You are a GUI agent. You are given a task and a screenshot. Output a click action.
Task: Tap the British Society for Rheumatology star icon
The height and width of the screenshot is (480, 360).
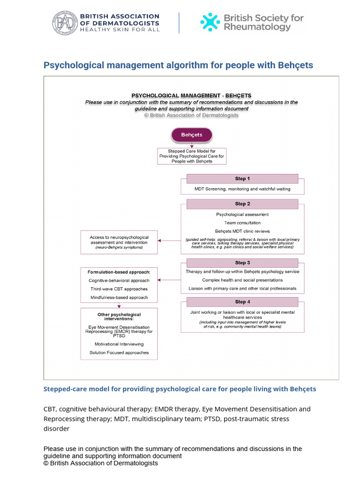click(x=210, y=22)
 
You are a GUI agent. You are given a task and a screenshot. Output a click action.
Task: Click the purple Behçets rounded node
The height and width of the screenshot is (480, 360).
click(x=191, y=135)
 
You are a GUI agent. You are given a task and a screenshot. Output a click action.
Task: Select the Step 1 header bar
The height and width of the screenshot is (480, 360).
click(x=242, y=179)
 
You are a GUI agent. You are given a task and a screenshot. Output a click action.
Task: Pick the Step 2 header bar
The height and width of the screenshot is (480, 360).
click(x=242, y=204)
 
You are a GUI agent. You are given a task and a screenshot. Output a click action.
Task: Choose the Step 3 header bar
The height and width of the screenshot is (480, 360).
click(x=242, y=262)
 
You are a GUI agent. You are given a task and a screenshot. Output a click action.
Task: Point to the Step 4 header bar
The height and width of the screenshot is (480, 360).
click(x=242, y=302)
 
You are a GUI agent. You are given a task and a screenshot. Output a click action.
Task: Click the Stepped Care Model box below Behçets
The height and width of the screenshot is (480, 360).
click(x=192, y=156)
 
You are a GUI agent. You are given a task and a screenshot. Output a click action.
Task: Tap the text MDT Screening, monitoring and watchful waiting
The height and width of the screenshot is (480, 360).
click(x=242, y=189)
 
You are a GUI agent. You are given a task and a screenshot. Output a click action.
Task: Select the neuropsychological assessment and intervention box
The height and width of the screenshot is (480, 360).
click(x=119, y=242)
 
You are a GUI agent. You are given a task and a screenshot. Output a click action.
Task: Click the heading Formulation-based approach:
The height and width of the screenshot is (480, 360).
click(x=119, y=272)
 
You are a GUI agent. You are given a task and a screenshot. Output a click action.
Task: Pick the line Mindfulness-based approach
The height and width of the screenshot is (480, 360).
click(x=119, y=297)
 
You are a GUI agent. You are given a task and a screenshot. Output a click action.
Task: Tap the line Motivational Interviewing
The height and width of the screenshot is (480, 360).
click(x=119, y=344)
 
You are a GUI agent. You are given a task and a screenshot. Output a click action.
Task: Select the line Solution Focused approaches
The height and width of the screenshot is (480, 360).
click(x=119, y=352)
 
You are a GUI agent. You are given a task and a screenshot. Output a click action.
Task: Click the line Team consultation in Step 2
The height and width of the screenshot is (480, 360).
click(x=242, y=223)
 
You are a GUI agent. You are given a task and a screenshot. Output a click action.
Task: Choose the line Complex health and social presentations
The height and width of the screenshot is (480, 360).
click(x=242, y=280)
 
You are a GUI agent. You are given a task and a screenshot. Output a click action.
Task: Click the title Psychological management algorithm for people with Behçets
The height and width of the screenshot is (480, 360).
click(x=178, y=65)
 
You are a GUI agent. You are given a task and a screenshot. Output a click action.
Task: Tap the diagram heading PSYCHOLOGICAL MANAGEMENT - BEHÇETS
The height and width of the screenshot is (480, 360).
click(x=191, y=96)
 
